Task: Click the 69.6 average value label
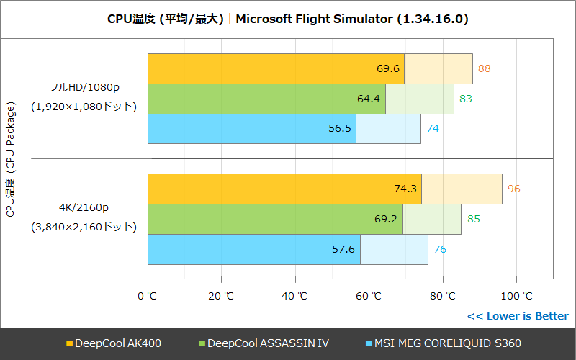388,68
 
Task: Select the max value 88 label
485,68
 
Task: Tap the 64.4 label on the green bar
368,99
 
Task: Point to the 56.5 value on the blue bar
339,129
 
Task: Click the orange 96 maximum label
513,189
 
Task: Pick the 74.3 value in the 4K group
405,189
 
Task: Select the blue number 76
439,249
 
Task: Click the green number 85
473,219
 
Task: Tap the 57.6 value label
343,249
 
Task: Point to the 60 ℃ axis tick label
368,296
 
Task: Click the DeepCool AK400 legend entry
114,343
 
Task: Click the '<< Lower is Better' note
518,316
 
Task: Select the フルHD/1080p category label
84,87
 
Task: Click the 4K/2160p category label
84,208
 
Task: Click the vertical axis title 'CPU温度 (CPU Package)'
10,159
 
